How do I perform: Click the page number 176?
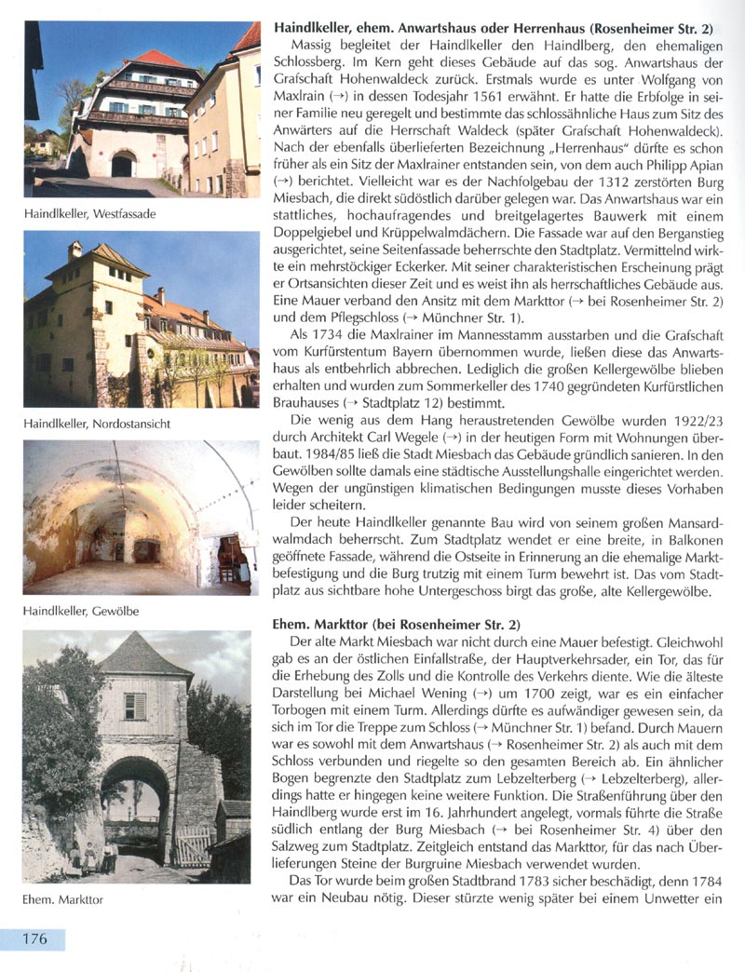coord(33,938)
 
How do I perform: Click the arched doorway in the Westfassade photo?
coord(123,165)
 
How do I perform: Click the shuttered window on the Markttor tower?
coord(135,705)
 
